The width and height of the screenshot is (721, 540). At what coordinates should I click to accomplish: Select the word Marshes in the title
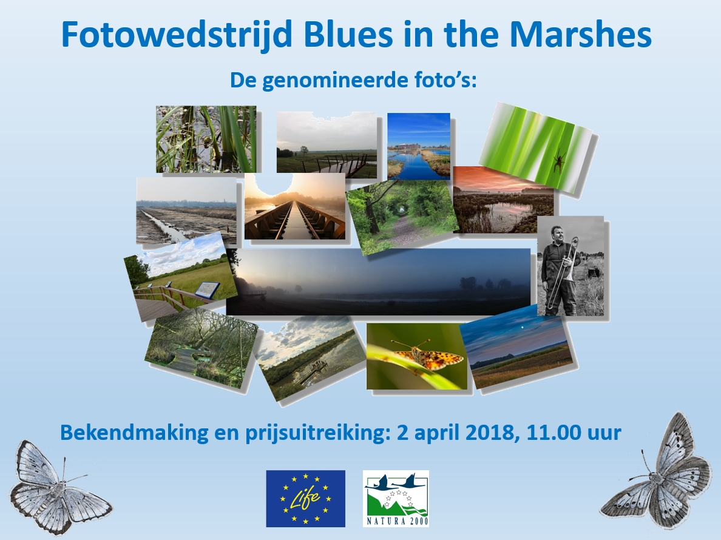pos(581,35)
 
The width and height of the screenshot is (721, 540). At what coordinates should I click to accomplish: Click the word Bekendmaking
pos(134,433)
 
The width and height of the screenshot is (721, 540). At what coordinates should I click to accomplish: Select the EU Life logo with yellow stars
pos(306,499)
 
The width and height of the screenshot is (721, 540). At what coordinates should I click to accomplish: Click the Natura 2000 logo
pos(396,499)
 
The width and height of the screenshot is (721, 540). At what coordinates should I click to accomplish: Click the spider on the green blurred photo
pos(560,162)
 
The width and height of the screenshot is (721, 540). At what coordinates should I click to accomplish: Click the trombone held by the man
pos(566,272)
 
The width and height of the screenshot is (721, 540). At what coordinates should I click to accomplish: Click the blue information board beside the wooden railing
pos(208,289)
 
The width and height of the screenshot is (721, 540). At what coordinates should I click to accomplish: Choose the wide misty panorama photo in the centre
pos(379,282)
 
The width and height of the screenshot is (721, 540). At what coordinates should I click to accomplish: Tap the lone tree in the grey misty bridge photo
pos(303,150)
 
